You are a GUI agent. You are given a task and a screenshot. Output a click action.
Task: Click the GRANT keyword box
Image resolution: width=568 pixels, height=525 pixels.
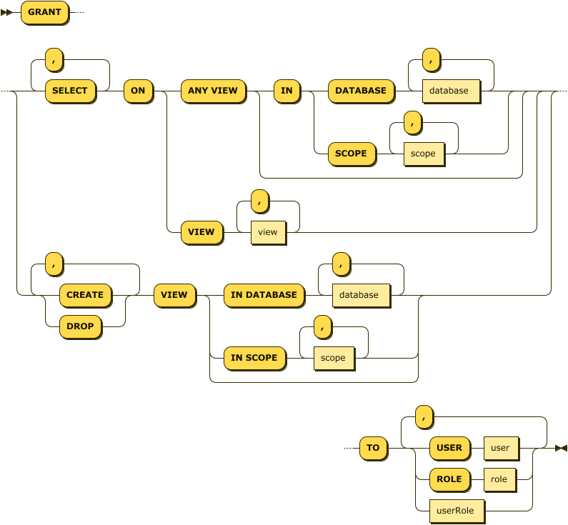(44, 12)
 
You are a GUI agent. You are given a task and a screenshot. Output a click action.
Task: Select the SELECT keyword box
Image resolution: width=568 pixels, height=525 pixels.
(70, 91)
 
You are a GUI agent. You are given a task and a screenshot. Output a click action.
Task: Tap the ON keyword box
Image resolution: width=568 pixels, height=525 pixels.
(138, 91)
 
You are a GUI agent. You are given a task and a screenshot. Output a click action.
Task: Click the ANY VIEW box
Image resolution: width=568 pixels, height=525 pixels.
(212, 91)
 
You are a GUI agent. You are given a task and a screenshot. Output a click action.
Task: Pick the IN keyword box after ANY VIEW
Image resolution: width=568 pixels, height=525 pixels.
(287, 91)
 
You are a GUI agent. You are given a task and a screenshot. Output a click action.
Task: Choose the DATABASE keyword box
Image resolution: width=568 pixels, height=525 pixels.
(360, 91)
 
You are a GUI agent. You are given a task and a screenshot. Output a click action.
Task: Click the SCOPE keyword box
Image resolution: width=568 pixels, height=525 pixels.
(351, 154)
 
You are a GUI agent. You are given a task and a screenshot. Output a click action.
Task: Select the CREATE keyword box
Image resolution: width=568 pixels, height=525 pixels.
(85, 295)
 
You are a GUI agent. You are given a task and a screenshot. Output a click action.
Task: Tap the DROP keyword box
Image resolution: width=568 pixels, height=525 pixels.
(80, 326)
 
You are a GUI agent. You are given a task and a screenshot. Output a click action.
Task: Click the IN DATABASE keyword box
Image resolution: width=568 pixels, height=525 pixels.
(264, 295)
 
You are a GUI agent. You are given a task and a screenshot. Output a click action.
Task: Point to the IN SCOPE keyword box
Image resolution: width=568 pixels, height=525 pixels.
(254, 358)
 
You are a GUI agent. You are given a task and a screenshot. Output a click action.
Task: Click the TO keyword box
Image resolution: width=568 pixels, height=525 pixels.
(373, 448)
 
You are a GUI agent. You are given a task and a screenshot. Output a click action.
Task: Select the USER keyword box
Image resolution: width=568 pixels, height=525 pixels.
(449, 448)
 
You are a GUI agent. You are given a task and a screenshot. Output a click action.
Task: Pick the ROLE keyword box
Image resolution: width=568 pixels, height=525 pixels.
(449, 479)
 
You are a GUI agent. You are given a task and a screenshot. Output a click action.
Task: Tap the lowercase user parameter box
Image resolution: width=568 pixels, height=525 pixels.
(500, 448)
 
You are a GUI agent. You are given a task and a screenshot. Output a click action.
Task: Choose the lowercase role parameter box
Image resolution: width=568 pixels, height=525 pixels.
(499, 479)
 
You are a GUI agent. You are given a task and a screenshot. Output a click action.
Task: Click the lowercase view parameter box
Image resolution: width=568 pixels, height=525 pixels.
(267, 232)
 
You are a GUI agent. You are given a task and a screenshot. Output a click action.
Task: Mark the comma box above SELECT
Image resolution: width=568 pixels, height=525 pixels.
(54, 59)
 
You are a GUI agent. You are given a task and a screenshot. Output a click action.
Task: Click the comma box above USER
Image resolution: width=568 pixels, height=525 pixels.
(424, 416)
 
